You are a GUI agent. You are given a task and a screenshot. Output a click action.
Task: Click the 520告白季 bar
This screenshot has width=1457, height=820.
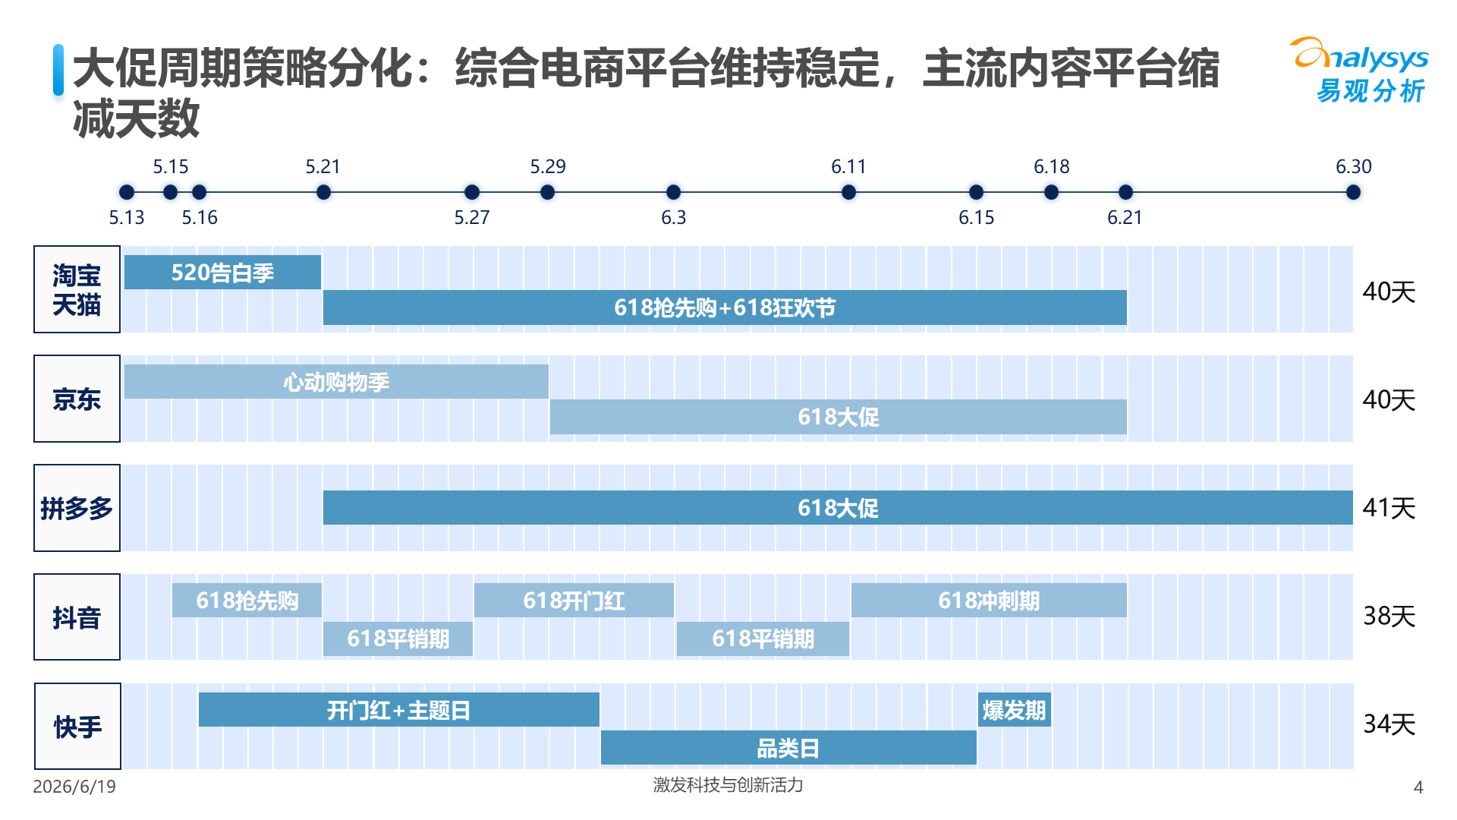point(222,272)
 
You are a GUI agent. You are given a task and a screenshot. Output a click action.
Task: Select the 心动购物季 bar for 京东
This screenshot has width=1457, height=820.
point(336,381)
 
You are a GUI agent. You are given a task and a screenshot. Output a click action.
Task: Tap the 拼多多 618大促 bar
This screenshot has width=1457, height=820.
point(838,507)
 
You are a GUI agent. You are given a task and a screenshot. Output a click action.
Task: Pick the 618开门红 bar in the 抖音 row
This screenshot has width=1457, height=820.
point(574,601)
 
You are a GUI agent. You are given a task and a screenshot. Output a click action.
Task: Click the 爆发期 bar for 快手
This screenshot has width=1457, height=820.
point(1015,710)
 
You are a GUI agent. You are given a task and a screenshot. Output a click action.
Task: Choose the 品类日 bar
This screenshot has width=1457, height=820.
point(788,748)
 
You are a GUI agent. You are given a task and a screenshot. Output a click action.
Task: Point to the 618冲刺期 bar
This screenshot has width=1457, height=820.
point(989,601)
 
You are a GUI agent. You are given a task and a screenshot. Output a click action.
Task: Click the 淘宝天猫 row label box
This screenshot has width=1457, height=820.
point(77,289)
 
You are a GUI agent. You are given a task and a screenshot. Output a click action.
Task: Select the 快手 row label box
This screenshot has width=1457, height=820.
point(77,726)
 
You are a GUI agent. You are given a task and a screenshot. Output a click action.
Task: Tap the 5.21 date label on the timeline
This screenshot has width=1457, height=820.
point(323,166)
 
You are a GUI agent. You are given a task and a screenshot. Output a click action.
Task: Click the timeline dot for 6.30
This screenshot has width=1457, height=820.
point(1353,192)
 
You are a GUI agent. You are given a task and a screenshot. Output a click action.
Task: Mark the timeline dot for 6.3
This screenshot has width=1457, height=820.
point(673,192)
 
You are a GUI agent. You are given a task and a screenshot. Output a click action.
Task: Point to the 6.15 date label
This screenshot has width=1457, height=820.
point(976,218)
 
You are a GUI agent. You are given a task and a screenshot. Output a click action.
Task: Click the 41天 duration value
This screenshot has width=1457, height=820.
point(1389,508)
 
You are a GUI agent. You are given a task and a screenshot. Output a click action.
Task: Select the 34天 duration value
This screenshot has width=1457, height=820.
point(1389,724)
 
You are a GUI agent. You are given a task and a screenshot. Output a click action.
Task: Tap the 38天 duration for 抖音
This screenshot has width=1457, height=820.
point(1389,616)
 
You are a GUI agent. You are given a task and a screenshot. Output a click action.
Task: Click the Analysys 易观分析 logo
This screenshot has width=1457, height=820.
point(1359,70)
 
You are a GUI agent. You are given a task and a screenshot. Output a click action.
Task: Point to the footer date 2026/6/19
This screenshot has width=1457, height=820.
point(74,787)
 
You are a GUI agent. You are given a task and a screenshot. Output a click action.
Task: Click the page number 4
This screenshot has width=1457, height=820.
point(1418,787)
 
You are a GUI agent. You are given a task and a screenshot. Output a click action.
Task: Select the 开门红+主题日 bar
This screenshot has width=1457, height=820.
point(398,710)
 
